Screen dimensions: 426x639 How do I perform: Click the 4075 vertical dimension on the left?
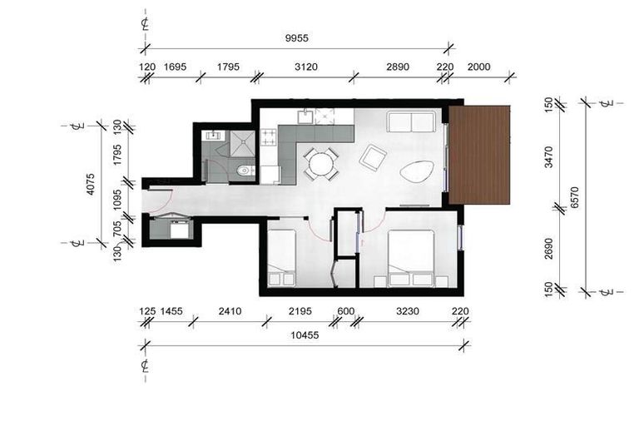[x=92, y=184]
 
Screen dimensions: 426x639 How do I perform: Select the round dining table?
[x=319, y=163]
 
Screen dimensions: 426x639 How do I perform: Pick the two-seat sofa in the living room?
[x=411, y=121]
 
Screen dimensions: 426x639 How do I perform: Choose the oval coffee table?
[x=416, y=172]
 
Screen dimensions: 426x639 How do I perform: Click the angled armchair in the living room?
[x=372, y=156]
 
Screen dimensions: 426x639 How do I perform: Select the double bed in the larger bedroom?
[x=411, y=255]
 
